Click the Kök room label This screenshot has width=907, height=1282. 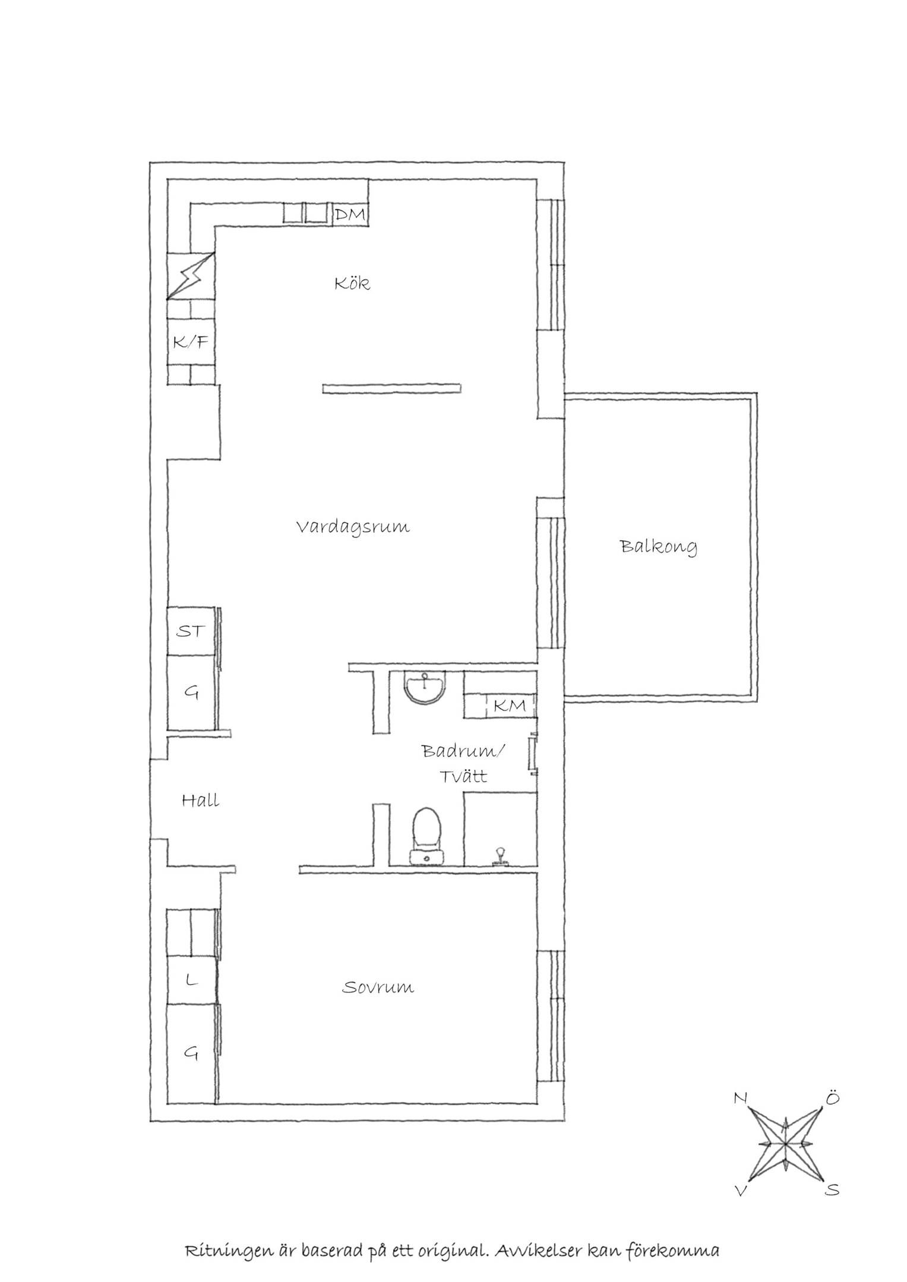352,283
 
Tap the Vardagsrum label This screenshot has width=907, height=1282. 353,527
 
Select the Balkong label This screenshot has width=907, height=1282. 659,547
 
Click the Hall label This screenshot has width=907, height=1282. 200,801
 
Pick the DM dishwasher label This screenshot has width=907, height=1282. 350,215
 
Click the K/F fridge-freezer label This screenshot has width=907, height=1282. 191,342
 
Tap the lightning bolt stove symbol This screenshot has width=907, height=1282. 191,276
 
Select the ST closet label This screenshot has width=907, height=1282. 190,631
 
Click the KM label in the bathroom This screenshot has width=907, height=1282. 510,706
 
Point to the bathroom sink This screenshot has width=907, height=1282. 425,687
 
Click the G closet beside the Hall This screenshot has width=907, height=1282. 191,692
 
